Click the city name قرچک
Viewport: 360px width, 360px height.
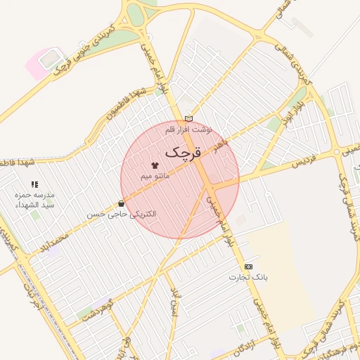tap(183, 152)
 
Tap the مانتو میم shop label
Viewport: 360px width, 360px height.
tap(155, 175)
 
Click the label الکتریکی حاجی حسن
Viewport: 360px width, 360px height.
tap(122, 213)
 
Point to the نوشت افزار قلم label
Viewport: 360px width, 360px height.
tap(188, 129)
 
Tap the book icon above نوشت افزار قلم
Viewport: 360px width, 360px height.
tap(188, 118)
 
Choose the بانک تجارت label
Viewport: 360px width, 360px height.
tap(248, 277)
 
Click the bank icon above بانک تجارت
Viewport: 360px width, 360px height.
tap(248, 266)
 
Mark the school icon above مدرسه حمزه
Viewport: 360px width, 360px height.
tap(34, 184)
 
